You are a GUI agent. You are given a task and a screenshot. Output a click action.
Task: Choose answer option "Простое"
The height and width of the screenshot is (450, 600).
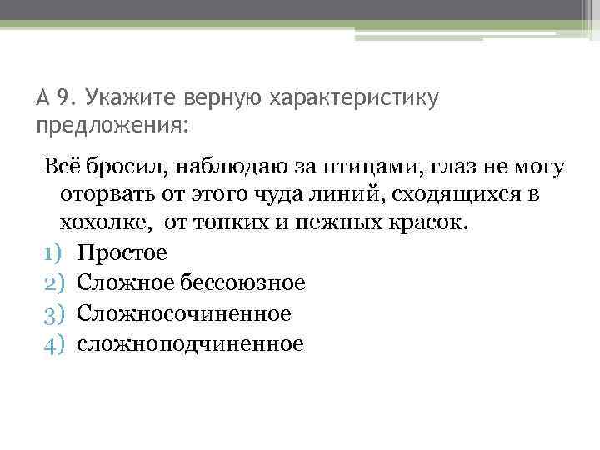[x=122, y=252]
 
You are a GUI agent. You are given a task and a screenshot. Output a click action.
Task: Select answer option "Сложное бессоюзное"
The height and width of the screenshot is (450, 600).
[x=191, y=283]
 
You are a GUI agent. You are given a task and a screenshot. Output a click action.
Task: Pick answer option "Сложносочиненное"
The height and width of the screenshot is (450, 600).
[x=184, y=312]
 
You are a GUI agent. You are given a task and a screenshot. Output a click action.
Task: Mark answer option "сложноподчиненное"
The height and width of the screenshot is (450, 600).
[x=190, y=342]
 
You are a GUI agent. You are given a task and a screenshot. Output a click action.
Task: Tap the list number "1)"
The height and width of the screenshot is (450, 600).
[x=52, y=253]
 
